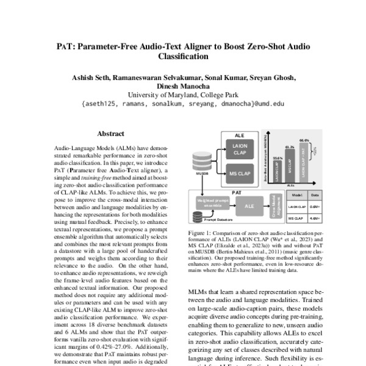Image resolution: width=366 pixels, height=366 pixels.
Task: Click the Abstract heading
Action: (110, 133)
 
